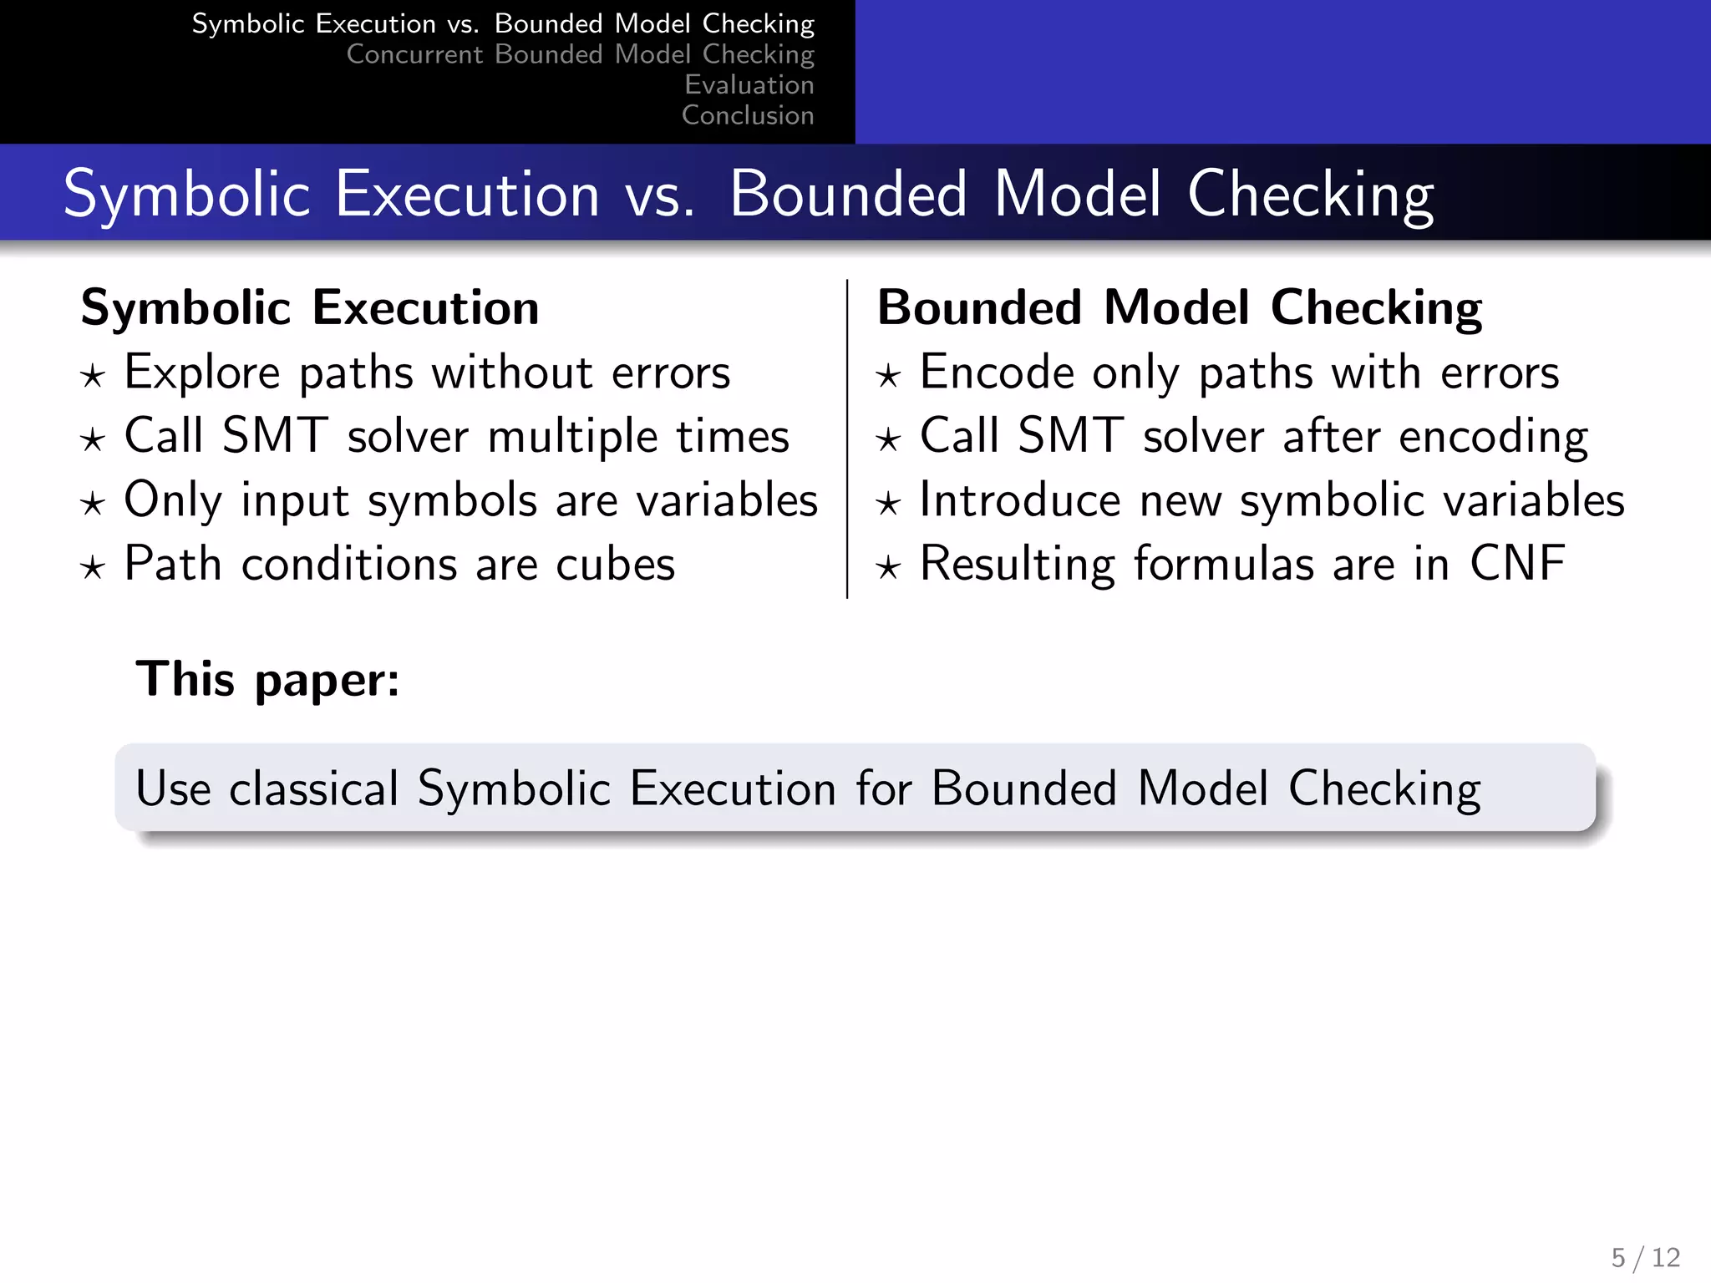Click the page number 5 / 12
(x=1645, y=1257)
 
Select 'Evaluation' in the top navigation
(x=749, y=84)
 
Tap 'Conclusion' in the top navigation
(x=747, y=115)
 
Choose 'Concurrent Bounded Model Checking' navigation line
(x=580, y=54)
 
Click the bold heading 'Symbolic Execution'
(x=310, y=307)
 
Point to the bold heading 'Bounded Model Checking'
(x=1179, y=307)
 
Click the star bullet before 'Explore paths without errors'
(x=93, y=377)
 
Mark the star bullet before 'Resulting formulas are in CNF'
(x=888, y=569)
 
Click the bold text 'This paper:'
(x=268, y=679)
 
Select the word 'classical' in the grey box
(x=314, y=789)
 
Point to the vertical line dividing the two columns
(x=847, y=439)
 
